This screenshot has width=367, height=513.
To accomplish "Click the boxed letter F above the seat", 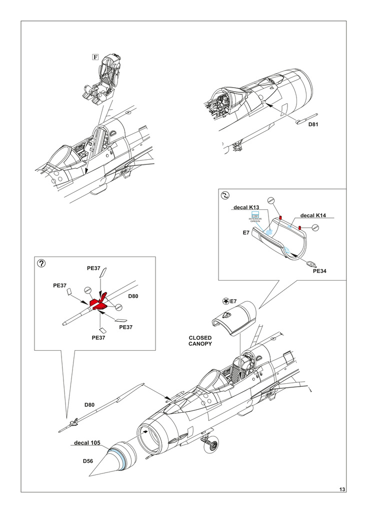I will pos(95,57).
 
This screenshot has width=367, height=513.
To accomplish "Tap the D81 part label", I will pos(313,124).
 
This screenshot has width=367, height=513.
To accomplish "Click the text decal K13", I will pos(245,207).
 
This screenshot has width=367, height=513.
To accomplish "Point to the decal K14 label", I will pos(313,215).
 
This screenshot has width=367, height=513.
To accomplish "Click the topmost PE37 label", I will pos(94,268).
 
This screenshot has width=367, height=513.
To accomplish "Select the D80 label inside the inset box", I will pos(133,296).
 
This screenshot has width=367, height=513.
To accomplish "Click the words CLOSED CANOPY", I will pos(200,341).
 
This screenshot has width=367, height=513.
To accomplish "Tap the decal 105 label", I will pos(87,443).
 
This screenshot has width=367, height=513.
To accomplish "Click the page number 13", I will pos(342,489).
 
